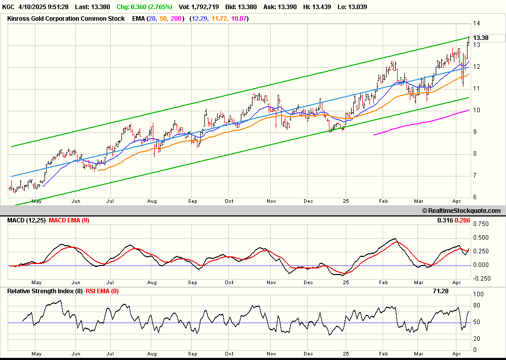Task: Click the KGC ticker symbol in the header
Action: (x=9, y=7)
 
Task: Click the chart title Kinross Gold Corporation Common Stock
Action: (x=66, y=19)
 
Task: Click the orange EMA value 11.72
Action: (x=219, y=19)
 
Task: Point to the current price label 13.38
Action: (x=481, y=38)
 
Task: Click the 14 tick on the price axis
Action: (x=476, y=23)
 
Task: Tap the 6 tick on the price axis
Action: (x=475, y=197)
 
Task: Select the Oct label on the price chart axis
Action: (x=229, y=201)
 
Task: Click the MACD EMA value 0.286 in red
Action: (x=462, y=220)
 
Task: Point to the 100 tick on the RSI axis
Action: (x=478, y=294)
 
